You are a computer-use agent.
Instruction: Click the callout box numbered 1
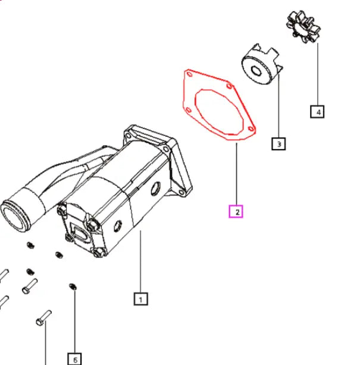pyautogui.click(x=141, y=299)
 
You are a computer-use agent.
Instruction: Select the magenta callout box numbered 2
pyautogui.click(x=236, y=212)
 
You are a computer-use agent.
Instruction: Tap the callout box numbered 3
pyautogui.click(x=278, y=144)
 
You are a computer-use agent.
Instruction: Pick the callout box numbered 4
pyautogui.click(x=317, y=112)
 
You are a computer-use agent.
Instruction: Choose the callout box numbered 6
pyautogui.click(x=74, y=359)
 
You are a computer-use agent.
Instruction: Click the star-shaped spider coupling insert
pyautogui.click(x=303, y=27)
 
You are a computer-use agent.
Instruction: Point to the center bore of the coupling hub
pyautogui.click(x=256, y=70)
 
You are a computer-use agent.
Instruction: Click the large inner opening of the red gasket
pyautogui.click(x=219, y=112)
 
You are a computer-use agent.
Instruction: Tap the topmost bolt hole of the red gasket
pyautogui.click(x=190, y=74)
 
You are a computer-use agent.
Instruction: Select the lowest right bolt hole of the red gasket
pyautogui.click(x=251, y=129)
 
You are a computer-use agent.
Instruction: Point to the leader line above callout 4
pyautogui.click(x=318, y=74)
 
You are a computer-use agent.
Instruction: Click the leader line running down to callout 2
pyautogui.click(x=236, y=174)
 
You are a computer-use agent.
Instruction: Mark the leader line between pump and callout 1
pyautogui.click(x=140, y=262)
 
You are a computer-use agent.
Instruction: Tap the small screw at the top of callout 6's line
pyautogui.click(x=73, y=287)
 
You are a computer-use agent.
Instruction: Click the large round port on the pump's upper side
pyautogui.click(x=155, y=188)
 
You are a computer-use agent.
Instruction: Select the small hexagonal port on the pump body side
pyautogui.click(x=118, y=226)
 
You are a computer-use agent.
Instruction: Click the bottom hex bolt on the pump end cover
pyautogui.click(x=99, y=252)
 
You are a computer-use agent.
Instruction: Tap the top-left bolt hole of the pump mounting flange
pyautogui.click(x=128, y=136)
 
